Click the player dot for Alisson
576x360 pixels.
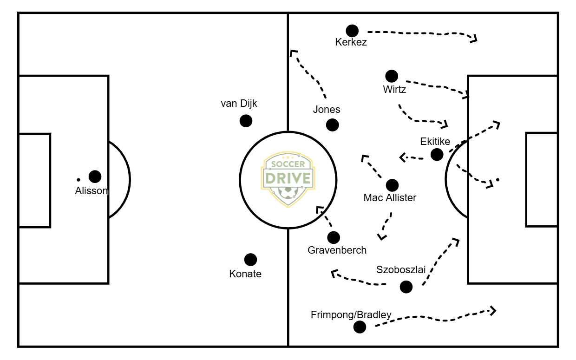pyautogui.click(x=95, y=177)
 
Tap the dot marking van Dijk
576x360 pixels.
pyautogui.click(x=246, y=121)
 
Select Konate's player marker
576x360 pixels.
pyautogui.click(x=250, y=260)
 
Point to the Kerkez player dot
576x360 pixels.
pyautogui.click(x=352, y=31)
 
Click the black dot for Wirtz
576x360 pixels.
pyautogui.click(x=392, y=76)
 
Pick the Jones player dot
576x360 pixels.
pyautogui.click(x=333, y=124)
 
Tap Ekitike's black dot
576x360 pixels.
pyautogui.click(x=437, y=155)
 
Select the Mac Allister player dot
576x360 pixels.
pyautogui.click(x=392, y=185)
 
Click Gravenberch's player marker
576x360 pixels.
pyautogui.click(x=334, y=237)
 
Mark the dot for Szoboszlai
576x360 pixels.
pyautogui.click(x=406, y=287)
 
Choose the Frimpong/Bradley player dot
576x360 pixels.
pyautogui.click(x=360, y=327)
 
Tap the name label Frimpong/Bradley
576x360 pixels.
pyautogui.click(x=351, y=315)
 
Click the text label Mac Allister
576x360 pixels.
pyautogui.click(x=390, y=198)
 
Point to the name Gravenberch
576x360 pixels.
pyautogui.click(x=337, y=250)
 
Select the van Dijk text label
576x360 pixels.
pyautogui.click(x=239, y=104)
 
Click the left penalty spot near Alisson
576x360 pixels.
pyautogui.click(x=79, y=179)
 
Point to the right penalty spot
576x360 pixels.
pyautogui.click(x=497, y=179)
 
